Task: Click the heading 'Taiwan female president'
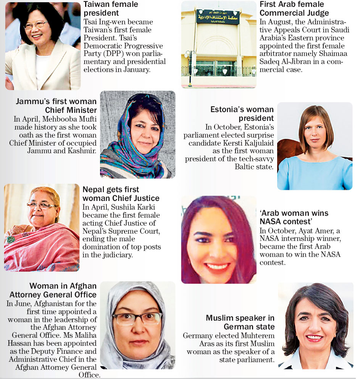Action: tap(111, 9)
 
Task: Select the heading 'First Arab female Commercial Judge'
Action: tap(294, 9)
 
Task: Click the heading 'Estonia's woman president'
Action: tap(242, 114)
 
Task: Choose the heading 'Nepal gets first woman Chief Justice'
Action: tap(121, 194)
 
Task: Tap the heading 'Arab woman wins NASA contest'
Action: tap(294, 217)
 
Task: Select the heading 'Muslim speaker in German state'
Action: tap(240, 322)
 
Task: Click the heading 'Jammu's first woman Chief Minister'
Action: tap(56, 106)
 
